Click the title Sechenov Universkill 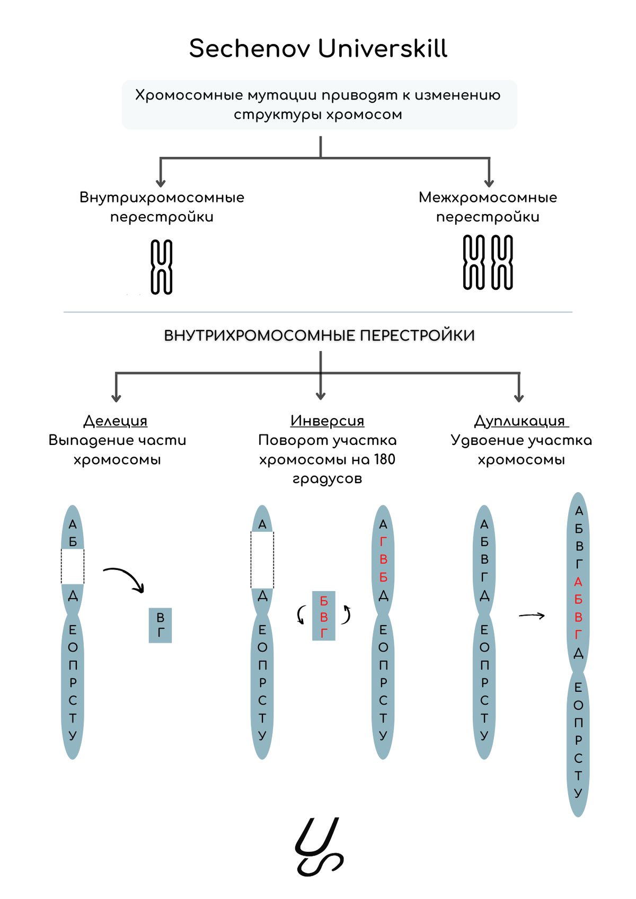point(318,49)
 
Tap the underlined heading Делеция point(116,421)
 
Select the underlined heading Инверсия point(327,421)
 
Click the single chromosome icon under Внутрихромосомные point(162,266)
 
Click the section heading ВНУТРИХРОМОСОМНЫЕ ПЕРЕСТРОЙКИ point(319,336)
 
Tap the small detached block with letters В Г point(160,625)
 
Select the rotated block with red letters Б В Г point(324,616)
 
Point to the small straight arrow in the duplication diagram point(532,616)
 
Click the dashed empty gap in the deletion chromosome point(73,566)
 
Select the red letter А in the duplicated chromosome point(578,582)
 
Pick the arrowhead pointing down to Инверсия point(320,395)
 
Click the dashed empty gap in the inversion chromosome point(262,560)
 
